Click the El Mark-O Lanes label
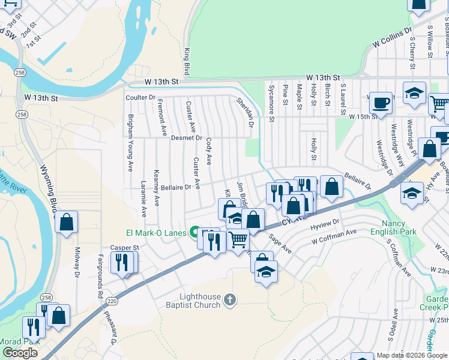[155, 233]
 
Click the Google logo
[20, 353]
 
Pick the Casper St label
[124, 247]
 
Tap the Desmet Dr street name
[186, 138]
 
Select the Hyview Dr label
[325, 223]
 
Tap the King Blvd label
[187, 62]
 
